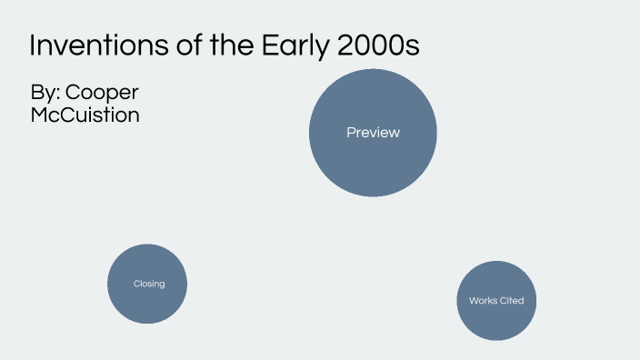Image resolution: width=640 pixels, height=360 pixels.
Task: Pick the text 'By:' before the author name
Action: coord(45,94)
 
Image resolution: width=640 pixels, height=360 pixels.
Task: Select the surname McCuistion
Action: coord(85,115)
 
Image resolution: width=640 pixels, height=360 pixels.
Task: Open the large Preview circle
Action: coord(373,133)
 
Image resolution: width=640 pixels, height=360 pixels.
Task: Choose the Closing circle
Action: coord(147,284)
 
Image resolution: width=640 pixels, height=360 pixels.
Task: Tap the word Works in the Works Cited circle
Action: coord(483,301)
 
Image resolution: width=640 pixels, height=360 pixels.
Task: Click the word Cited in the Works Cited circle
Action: coord(512,301)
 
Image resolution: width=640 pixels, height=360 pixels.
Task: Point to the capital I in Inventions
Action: coord(33,45)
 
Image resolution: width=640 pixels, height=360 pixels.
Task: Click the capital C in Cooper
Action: coord(75,94)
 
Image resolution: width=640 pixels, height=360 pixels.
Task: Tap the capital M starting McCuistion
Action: coord(40,115)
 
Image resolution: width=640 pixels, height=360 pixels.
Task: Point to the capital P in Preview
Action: coord(351,133)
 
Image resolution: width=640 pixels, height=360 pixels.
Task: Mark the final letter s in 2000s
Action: coord(413,48)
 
